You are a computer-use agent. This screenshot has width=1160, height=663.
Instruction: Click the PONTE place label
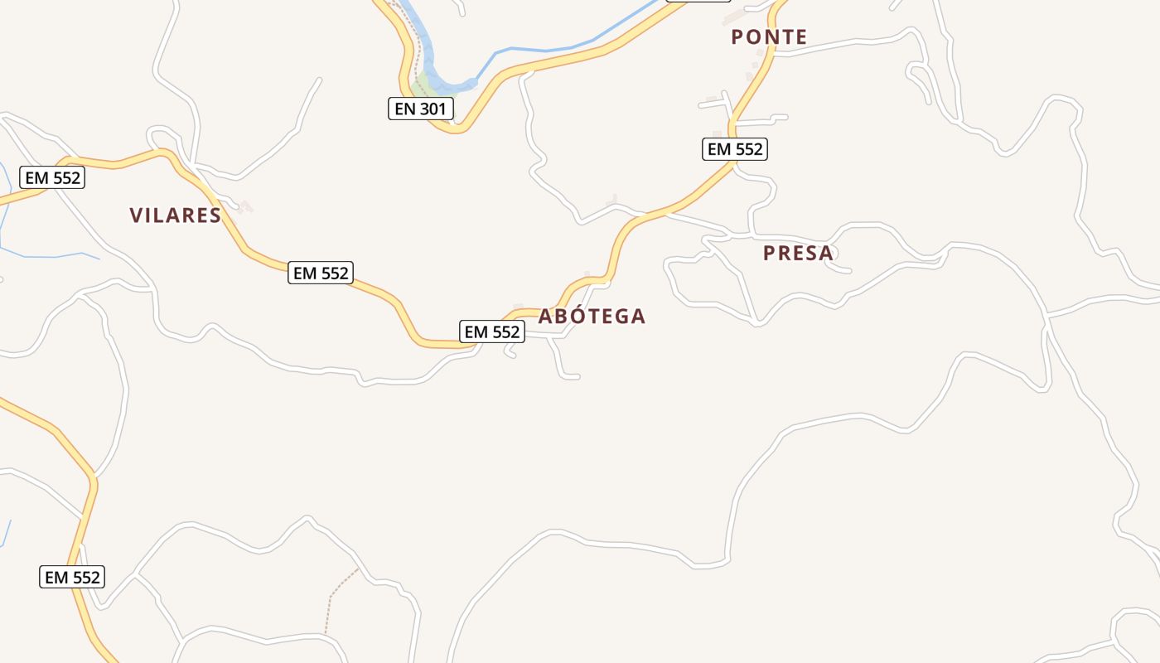(x=769, y=36)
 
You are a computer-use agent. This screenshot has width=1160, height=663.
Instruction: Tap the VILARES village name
(x=176, y=215)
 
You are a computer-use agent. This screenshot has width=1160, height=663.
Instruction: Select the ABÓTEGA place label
(x=592, y=316)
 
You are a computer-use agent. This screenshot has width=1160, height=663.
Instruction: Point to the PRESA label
(x=798, y=253)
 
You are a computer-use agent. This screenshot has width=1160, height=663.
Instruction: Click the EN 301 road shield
(x=421, y=109)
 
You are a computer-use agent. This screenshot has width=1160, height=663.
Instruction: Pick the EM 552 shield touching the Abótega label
(x=492, y=332)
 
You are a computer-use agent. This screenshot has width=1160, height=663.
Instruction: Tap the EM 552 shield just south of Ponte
(x=735, y=149)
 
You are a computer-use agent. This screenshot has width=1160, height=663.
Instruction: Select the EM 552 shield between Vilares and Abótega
(x=321, y=273)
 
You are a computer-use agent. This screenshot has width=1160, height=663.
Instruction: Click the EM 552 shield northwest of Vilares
(x=53, y=177)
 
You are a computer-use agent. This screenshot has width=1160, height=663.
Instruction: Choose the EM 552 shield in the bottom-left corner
(x=72, y=577)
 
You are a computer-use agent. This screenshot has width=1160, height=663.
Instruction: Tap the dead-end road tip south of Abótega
(x=577, y=377)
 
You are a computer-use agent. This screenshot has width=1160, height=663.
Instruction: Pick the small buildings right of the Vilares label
(x=242, y=206)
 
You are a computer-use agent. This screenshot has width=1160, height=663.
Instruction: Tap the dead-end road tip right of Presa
(x=848, y=270)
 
